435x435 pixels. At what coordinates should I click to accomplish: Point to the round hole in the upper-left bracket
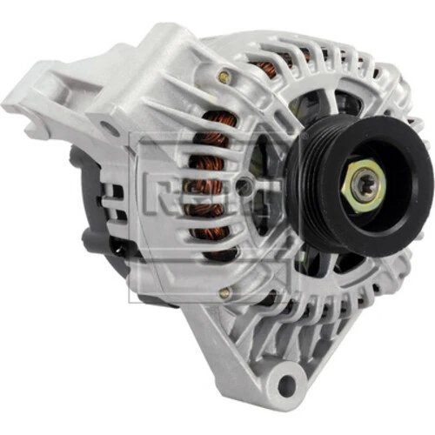click(x=110, y=129)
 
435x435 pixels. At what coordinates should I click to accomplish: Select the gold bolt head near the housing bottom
click(x=224, y=294)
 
